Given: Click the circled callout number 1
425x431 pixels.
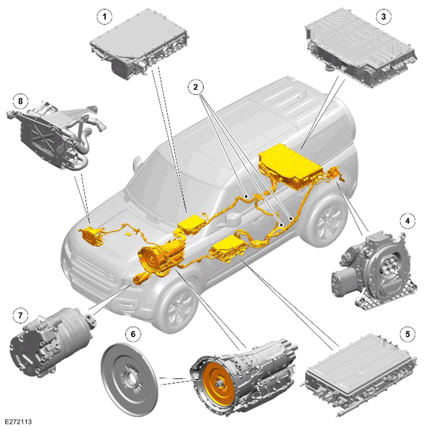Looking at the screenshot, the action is [104, 17].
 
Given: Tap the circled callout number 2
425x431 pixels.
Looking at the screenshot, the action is [196, 87].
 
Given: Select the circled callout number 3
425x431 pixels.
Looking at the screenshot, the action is [384, 16].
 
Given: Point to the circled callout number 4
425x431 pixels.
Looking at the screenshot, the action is [407, 220].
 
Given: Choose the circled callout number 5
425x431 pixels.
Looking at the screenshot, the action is [407, 334].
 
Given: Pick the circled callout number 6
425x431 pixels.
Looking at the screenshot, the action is [133, 334].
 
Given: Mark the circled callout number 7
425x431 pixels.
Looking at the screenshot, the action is [20, 316].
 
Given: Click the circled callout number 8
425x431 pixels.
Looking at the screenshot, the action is [20, 101].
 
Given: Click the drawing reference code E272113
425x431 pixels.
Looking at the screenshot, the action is [18, 422].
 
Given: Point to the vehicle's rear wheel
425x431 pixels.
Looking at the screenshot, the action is [325, 220].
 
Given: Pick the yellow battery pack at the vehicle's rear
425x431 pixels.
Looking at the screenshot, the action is [290, 166].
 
